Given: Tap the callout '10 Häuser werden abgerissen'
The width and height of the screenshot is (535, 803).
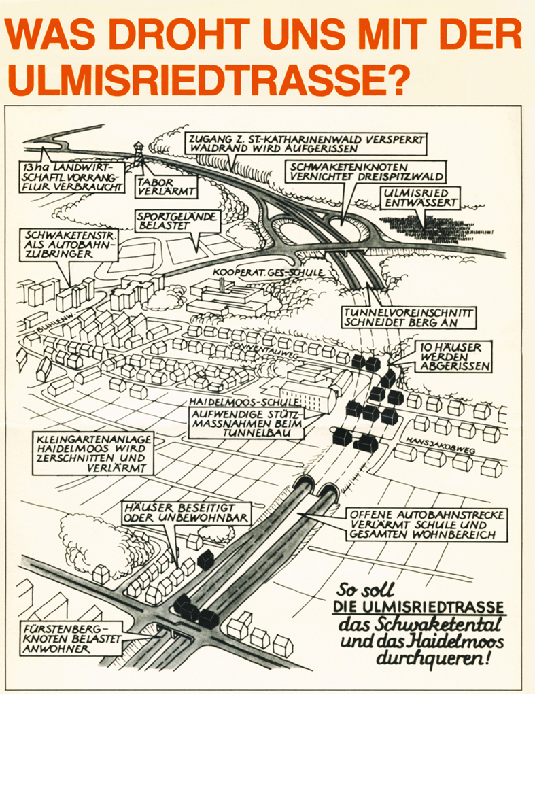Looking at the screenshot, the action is (451, 356).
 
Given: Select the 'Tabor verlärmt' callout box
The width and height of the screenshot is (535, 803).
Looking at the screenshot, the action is (166, 186).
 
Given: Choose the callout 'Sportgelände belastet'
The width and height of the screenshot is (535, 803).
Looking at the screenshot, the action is (177, 221).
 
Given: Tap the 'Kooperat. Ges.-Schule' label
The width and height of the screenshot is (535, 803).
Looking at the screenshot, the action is (269, 273).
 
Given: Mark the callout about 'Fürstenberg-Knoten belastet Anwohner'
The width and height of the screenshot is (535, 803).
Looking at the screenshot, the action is (71, 638).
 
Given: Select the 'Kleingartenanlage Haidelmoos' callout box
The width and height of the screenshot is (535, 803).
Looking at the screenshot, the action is (93, 454).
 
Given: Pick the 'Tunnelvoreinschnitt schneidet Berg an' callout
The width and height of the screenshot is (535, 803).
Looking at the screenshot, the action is (408, 318).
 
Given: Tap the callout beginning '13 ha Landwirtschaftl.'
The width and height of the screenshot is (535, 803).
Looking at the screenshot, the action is (72, 177).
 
